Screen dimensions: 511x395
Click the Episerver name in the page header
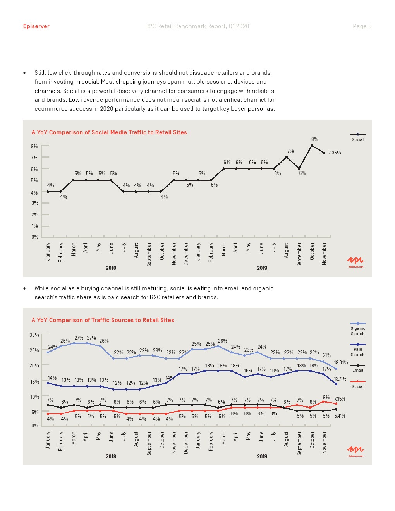tap(36, 26)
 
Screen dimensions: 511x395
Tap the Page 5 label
tap(362, 26)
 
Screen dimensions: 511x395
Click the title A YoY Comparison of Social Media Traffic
tap(109, 132)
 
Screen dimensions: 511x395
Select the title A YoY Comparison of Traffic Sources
tap(103, 320)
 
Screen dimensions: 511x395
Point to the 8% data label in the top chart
tap(314, 139)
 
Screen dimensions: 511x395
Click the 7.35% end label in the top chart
tap(335, 153)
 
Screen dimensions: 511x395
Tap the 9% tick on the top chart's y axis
tap(34, 146)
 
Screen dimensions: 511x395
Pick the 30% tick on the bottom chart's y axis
tap(34, 335)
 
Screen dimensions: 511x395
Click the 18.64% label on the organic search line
tap(341, 363)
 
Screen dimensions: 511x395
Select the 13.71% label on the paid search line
tap(340, 379)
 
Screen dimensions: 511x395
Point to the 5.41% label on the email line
tap(340, 416)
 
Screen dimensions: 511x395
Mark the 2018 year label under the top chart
tap(111, 268)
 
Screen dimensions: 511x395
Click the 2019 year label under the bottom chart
tap(262, 456)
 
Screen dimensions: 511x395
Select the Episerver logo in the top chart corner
tap(355, 261)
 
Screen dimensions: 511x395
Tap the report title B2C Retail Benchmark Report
tap(197, 26)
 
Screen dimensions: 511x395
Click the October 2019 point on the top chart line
tap(312, 146)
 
